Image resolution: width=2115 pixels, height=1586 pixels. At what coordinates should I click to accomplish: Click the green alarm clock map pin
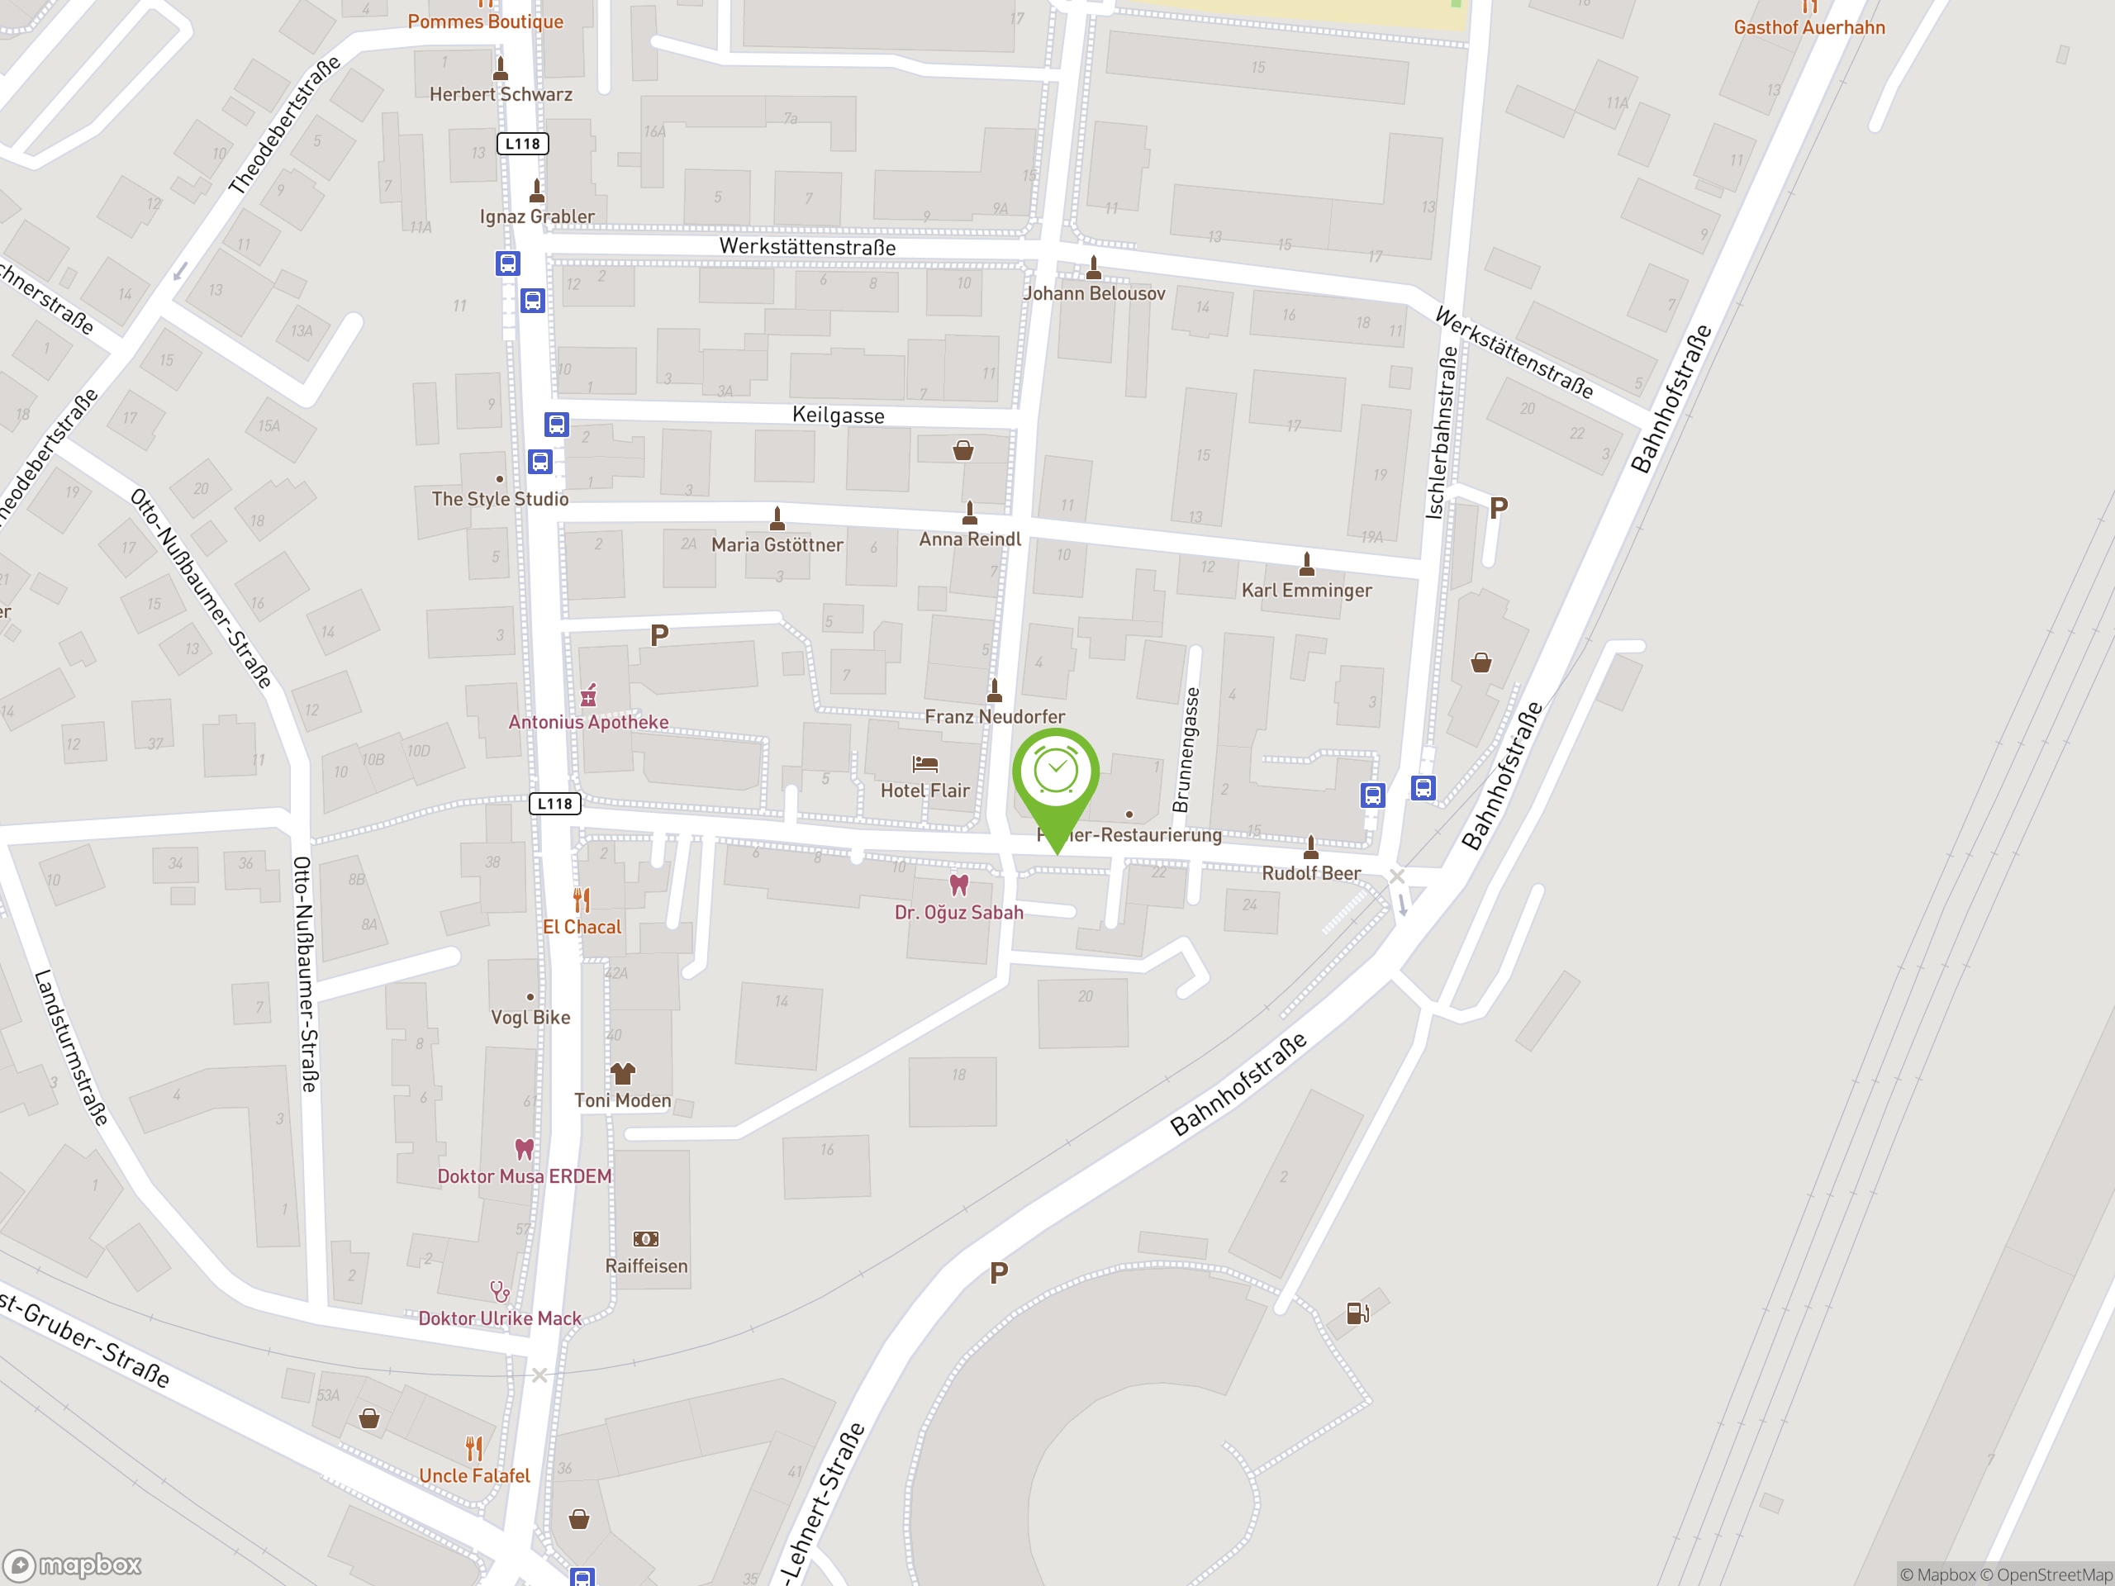[1056, 774]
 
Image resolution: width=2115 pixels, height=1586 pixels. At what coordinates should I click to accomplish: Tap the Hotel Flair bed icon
[924, 764]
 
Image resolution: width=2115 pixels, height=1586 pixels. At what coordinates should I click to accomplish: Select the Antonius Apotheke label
[588, 722]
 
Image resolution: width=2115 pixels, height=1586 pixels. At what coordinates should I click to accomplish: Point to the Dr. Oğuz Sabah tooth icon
[958, 886]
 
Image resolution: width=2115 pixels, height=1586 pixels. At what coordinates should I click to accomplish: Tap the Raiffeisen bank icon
[645, 1239]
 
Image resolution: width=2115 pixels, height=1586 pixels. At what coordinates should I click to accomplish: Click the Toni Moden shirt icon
[622, 1074]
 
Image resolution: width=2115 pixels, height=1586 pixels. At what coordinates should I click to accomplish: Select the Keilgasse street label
[838, 415]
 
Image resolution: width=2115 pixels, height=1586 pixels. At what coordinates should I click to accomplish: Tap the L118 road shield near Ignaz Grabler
[522, 145]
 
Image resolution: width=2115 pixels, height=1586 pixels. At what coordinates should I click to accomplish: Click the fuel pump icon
[1357, 1313]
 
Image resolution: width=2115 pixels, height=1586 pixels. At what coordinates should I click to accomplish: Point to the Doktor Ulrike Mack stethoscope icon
[499, 1292]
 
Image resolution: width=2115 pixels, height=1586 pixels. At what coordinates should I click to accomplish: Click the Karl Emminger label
[1306, 591]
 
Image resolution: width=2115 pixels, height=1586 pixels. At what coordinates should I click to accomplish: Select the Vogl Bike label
[530, 1017]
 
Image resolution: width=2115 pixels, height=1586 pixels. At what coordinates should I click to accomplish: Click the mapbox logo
[73, 1565]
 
